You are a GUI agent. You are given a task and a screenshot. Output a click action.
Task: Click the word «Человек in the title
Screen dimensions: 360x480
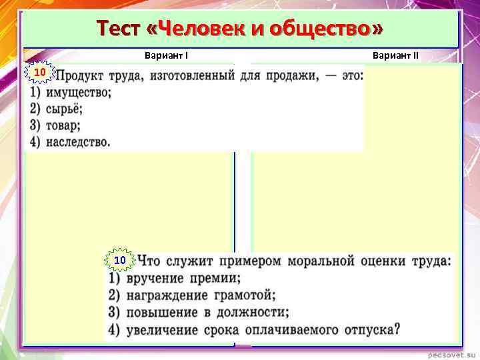pos(191,29)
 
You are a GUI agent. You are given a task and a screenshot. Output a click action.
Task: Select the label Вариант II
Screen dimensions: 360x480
pos(396,56)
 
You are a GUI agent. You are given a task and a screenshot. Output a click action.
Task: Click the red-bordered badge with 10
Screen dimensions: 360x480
pos(39,72)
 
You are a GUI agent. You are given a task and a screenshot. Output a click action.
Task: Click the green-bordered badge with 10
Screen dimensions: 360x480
pos(120,259)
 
